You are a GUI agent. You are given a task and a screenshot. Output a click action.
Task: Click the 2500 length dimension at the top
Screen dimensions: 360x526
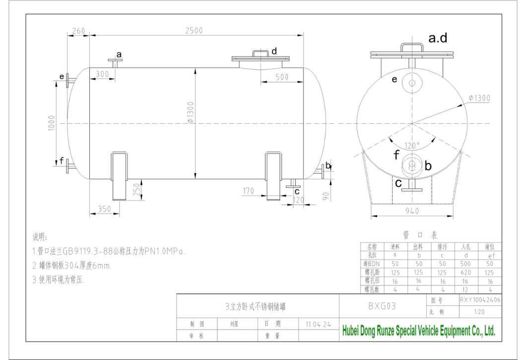pyautogui.click(x=194, y=30)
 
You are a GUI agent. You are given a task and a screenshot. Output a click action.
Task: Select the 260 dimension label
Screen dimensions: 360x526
pyautogui.click(x=78, y=31)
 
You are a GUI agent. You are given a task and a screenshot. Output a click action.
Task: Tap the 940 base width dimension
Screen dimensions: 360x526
pyautogui.click(x=411, y=211)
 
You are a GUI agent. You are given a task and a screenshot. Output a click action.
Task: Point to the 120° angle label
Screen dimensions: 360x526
pyautogui.click(x=412, y=145)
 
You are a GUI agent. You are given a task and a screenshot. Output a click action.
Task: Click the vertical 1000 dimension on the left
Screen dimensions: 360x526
pyautogui.click(x=52, y=123)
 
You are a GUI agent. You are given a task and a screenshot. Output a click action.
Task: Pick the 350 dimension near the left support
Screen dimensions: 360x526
pyautogui.click(x=104, y=209)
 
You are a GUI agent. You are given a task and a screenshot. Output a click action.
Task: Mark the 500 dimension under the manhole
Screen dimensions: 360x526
pyautogui.click(x=282, y=77)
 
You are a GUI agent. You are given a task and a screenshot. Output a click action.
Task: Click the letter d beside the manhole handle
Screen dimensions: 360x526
pyautogui.click(x=274, y=51)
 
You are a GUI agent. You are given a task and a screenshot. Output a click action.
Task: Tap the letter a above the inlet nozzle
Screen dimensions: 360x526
pyautogui.click(x=119, y=54)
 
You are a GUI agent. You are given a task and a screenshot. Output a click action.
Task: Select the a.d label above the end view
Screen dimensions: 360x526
pyautogui.click(x=438, y=38)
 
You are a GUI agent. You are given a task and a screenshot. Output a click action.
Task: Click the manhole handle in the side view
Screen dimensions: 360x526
pyautogui.click(x=261, y=53)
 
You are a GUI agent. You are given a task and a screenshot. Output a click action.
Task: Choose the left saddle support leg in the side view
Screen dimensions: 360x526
pyautogui.click(x=119, y=176)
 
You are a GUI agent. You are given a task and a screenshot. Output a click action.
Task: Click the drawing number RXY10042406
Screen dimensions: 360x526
pyautogui.click(x=479, y=300)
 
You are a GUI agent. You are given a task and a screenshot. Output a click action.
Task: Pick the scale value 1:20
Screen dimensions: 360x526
pyautogui.click(x=479, y=312)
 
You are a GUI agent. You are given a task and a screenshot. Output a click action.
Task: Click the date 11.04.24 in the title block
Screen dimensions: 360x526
pyautogui.click(x=318, y=324)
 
